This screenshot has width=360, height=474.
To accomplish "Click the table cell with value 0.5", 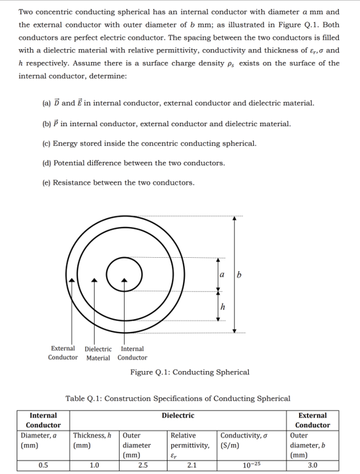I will [x=43, y=465].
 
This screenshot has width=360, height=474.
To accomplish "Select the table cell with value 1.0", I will [x=94, y=465].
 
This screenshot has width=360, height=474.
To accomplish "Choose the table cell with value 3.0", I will [x=312, y=465].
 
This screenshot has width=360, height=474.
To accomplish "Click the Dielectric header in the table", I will [x=178, y=415].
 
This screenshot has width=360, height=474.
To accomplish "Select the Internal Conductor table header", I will [x=43, y=420].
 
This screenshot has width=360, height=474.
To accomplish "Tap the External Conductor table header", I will [x=312, y=420].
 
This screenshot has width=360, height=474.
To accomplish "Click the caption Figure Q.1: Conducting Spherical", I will [x=189, y=372].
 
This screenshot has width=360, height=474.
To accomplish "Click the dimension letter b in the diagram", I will [x=239, y=276].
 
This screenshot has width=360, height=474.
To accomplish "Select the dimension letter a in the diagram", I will [x=222, y=276].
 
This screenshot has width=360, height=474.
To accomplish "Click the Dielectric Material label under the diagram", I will [x=98, y=353].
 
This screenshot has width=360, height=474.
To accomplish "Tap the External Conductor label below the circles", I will [x=63, y=353].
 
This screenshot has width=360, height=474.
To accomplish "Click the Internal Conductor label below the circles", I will [x=132, y=353].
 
